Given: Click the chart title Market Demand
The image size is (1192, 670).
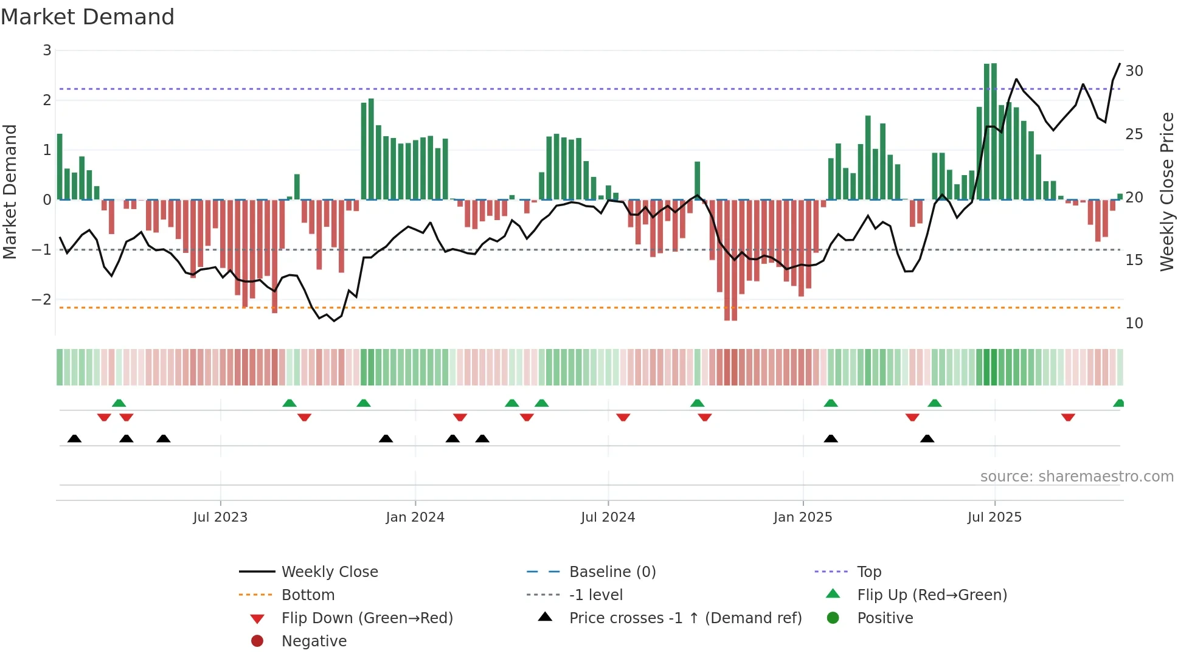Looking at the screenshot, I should pos(88,17).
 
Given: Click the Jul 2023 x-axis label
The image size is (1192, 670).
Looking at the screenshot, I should pos(220,517).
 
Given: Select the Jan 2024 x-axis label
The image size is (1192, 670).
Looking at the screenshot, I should pos(415,517).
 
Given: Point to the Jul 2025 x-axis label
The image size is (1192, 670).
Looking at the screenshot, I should pos(994,517).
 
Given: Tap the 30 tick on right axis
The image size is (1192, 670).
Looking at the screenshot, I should pos(1134,71).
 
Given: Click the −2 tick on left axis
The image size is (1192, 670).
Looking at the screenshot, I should pos(41,299).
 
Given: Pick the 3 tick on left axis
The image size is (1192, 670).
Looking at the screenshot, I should pos(47,50).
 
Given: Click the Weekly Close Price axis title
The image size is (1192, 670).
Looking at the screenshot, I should pos(1166,192).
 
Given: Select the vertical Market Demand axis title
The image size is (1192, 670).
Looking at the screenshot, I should pos(10,192).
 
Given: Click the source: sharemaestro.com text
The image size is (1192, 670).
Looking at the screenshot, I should pos(1076,477).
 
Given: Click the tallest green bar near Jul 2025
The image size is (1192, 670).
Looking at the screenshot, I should pos(994,131).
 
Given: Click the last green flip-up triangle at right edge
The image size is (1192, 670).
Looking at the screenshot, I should pos(1118,403).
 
